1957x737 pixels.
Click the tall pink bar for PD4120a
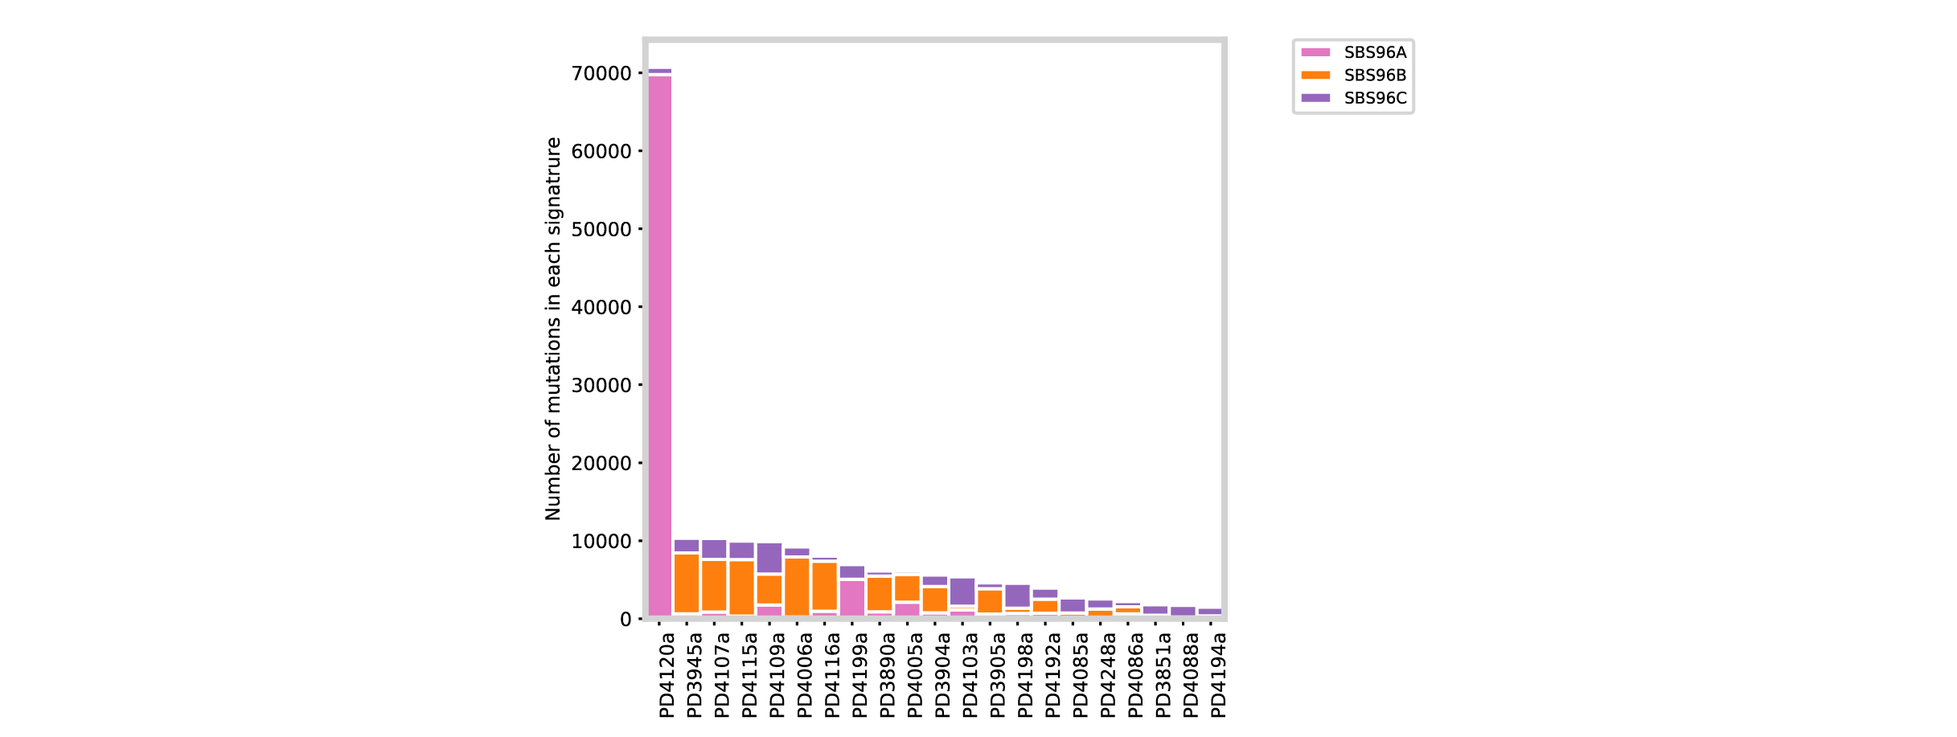point(660,346)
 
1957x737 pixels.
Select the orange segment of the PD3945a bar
point(687,583)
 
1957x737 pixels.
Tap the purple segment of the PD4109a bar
point(769,558)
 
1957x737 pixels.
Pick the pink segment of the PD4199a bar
point(852,597)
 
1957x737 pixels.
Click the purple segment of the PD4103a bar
point(962,592)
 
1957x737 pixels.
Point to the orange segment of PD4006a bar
point(797,587)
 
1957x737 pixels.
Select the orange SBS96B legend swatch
point(1315,76)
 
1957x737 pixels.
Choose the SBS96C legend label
point(1375,98)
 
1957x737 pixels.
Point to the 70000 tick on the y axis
point(601,74)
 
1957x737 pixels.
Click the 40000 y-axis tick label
point(601,308)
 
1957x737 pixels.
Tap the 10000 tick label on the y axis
point(601,542)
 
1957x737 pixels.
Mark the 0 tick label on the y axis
point(626,620)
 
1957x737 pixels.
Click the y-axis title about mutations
point(553,330)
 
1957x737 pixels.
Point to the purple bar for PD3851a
point(1155,610)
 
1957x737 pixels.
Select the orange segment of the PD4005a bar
point(907,588)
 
